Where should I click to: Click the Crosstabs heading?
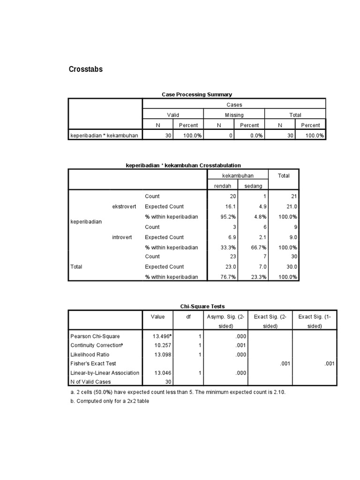[86, 69]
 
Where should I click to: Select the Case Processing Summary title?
[197, 94]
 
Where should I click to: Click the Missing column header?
[234, 115]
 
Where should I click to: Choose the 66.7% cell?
[258, 247]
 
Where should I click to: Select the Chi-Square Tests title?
[200, 306]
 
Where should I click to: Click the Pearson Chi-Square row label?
[95, 336]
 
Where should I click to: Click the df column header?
[188, 317]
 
